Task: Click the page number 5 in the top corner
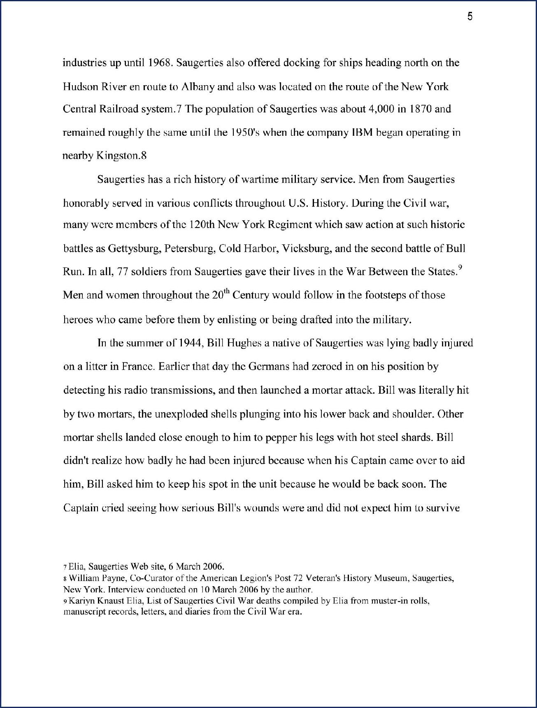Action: point(470,17)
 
